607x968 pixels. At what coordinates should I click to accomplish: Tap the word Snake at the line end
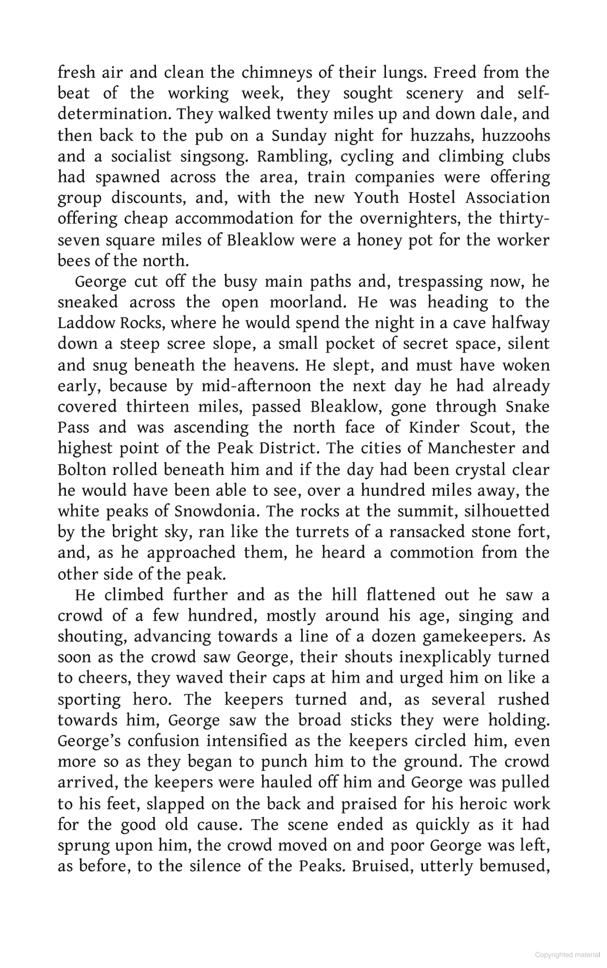(x=527, y=407)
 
